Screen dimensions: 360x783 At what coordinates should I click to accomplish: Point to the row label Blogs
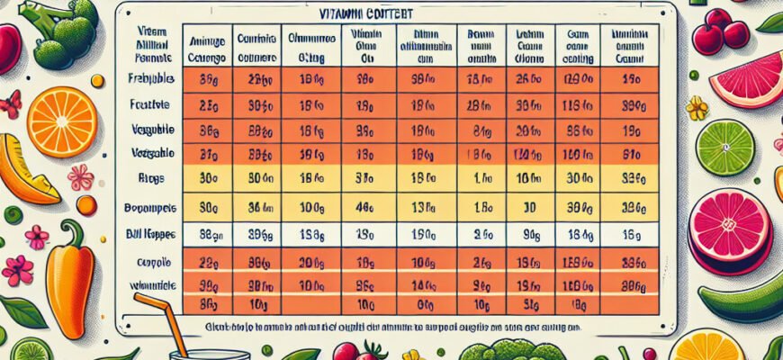(149, 178)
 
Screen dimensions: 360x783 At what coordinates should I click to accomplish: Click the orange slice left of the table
(62, 121)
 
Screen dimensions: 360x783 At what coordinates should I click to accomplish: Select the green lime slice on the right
(725, 148)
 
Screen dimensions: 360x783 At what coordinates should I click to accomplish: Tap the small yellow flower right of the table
(697, 108)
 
